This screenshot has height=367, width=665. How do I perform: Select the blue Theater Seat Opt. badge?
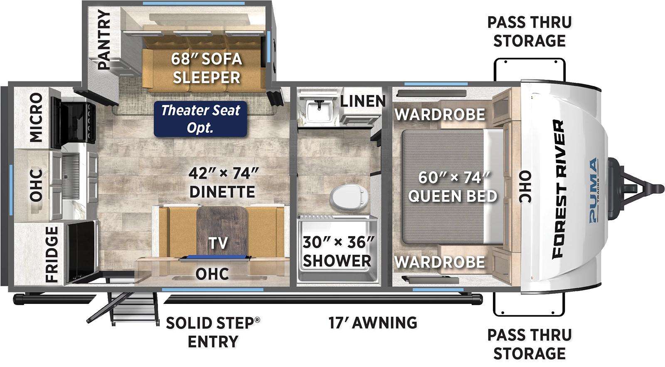click(200, 118)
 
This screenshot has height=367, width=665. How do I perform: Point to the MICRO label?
click(36, 117)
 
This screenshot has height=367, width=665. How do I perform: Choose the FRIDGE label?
click(52, 254)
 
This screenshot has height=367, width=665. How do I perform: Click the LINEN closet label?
click(363, 101)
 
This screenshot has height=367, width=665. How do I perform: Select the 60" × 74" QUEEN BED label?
click(453, 187)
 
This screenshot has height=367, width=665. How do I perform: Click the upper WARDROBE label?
click(440, 114)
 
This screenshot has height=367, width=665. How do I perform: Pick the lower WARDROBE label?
click(440, 262)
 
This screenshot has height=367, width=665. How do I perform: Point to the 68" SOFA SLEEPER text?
click(207, 68)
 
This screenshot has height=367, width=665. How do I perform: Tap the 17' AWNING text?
click(373, 323)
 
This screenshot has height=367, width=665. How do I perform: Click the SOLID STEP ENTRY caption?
click(213, 332)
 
